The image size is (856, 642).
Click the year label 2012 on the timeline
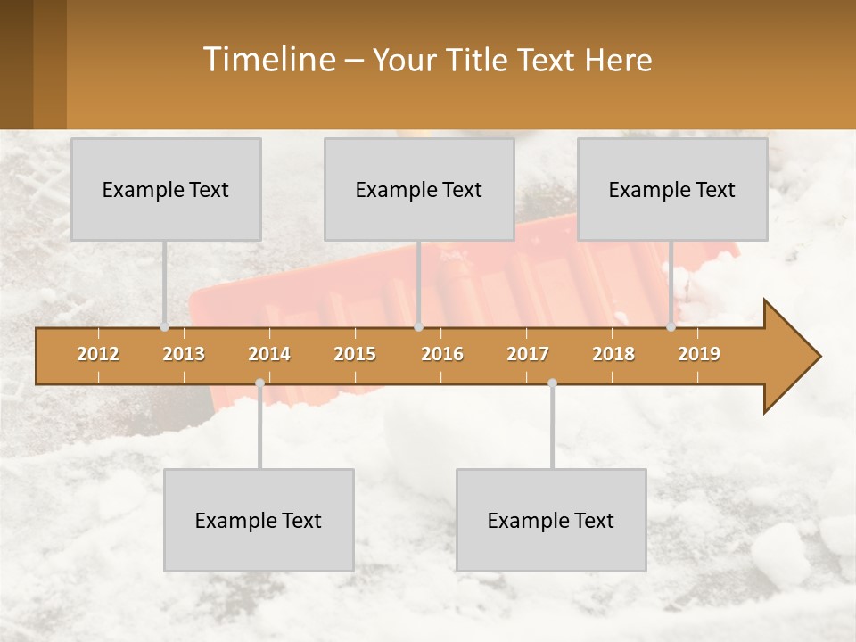click(98, 354)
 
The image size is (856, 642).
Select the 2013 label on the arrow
click(184, 354)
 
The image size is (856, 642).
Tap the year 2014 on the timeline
click(269, 354)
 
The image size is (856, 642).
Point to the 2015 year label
click(355, 354)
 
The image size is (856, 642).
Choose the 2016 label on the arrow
click(442, 354)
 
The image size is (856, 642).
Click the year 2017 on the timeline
click(528, 354)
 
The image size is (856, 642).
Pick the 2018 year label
click(613, 354)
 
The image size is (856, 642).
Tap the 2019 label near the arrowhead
click(699, 354)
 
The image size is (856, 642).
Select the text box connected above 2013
click(166, 189)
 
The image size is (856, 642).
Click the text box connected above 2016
click(419, 189)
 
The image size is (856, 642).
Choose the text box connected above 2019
click(672, 189)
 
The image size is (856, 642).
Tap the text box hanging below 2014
click(259, 520)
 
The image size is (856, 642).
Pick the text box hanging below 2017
click(551, 520)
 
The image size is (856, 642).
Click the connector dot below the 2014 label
click(259, 383)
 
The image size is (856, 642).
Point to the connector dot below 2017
click(552, 383)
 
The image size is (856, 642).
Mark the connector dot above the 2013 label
click(164, 327)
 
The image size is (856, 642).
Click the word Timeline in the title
click(267, 60)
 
